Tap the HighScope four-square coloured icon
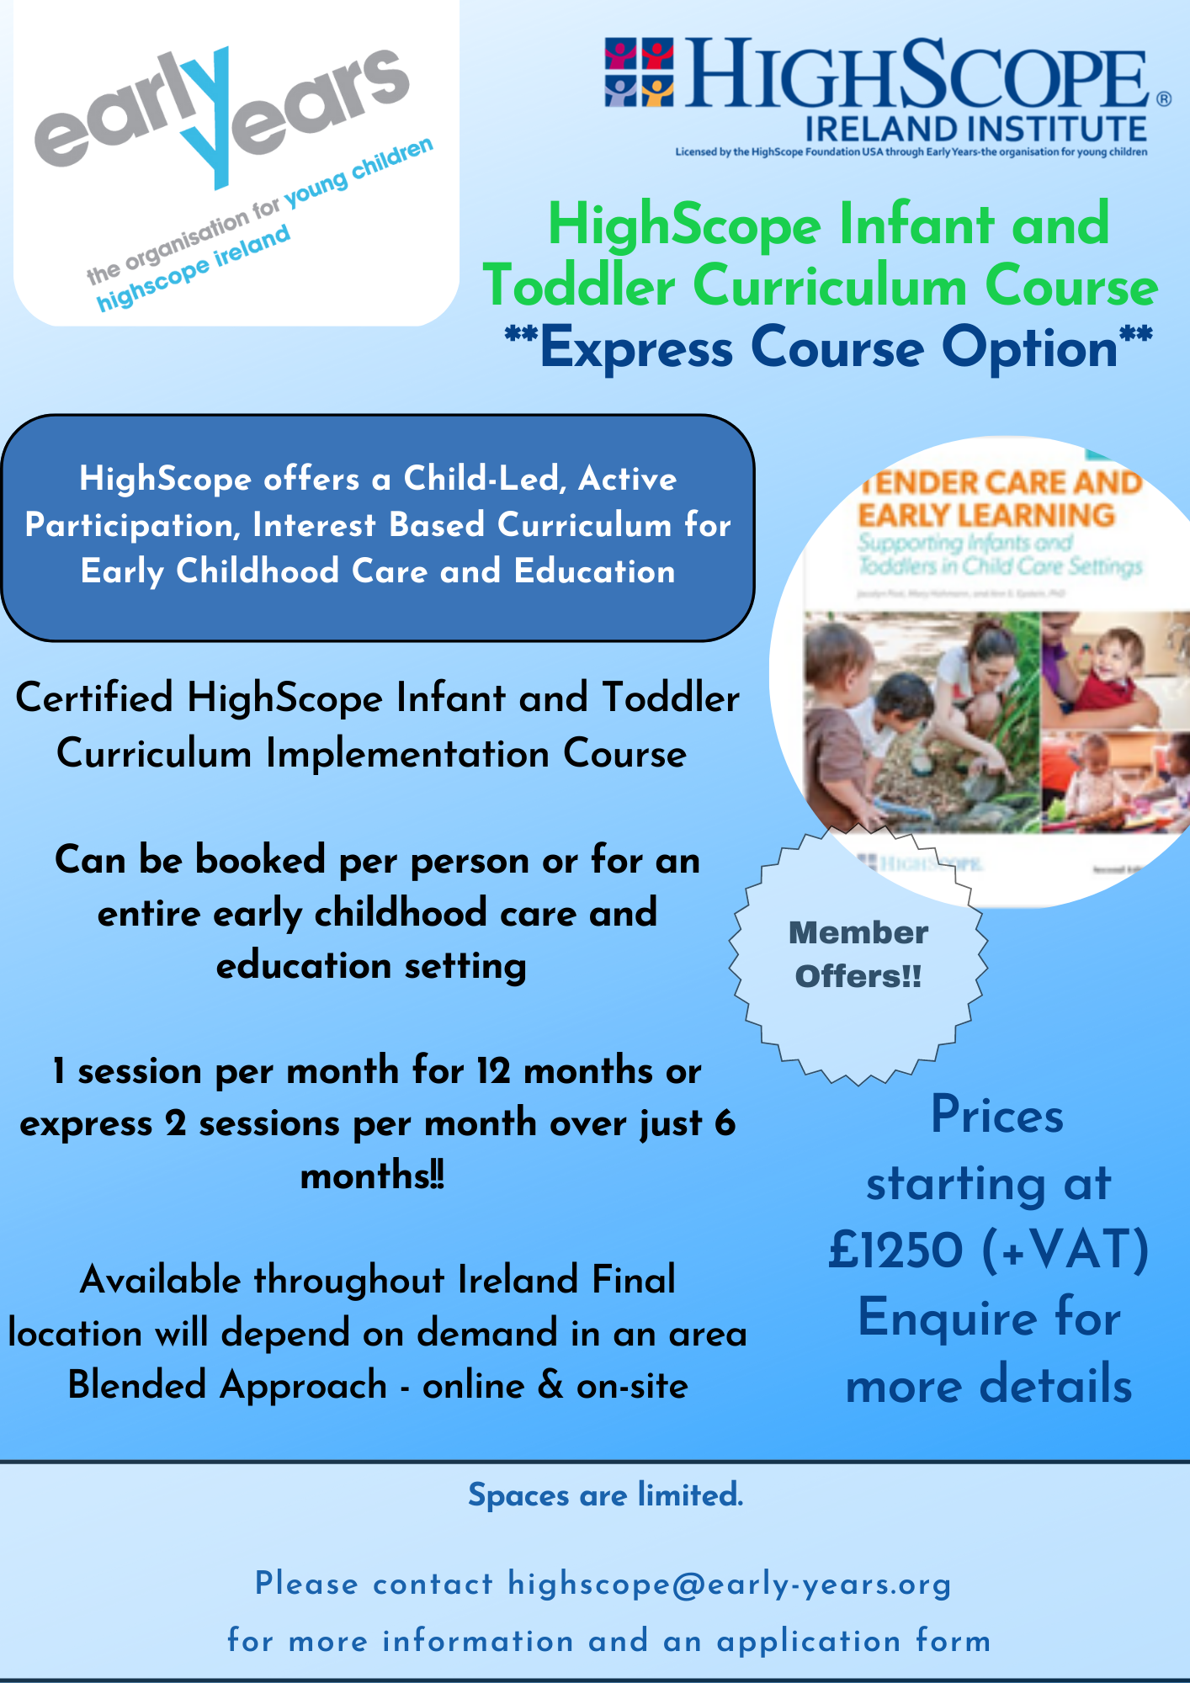click(639, 72)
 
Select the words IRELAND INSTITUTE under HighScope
click(975, 130)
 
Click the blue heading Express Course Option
click(828, 348)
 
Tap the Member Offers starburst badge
click(858, 955)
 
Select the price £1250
click(895, 1250)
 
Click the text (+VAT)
click(1065, 1250)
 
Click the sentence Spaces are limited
click(605, 1495)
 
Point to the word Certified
click(94, 698)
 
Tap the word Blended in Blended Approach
click(136, 1385)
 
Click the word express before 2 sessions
click(86, 1124)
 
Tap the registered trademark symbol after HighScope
click(1163, 98)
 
